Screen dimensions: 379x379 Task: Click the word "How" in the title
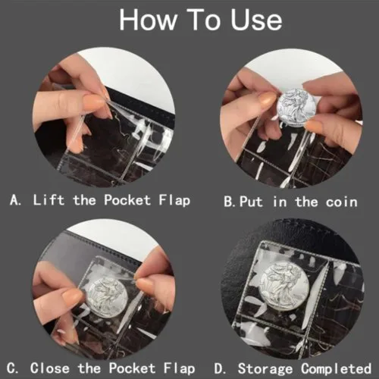coord(148,20)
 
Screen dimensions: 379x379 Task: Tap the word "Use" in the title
coord(256,20)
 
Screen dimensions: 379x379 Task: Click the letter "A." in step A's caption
coord(15,200)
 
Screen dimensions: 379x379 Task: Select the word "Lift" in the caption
coord(49,200)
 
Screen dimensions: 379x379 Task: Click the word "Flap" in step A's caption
coord(174,201)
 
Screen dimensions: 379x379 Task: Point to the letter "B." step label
coord(230,202)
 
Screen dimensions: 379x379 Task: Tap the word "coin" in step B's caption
coord(341,202)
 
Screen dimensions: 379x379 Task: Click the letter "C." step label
coord(13,368)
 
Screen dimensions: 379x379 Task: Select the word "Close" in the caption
coord(50,368)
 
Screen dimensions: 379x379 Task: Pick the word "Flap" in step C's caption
coord(179,369)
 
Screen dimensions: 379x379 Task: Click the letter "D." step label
coord(220,368)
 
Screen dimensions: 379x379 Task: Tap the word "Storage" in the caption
coord(265,369)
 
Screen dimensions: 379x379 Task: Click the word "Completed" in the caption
coord(336,369)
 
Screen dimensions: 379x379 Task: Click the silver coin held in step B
coord(296,108)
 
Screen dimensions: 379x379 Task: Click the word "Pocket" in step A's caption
coord(127,200)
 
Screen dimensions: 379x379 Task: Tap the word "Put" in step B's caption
coord(251,202)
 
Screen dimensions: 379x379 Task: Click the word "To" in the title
coord(203,20)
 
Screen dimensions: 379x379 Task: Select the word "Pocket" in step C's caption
coord(132,368)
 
